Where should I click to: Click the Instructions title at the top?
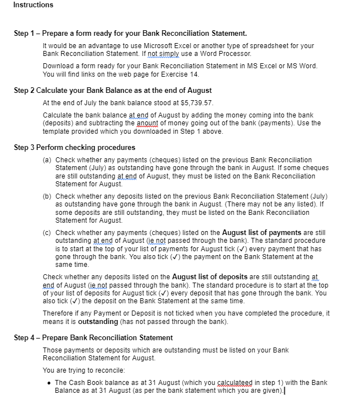33,5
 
